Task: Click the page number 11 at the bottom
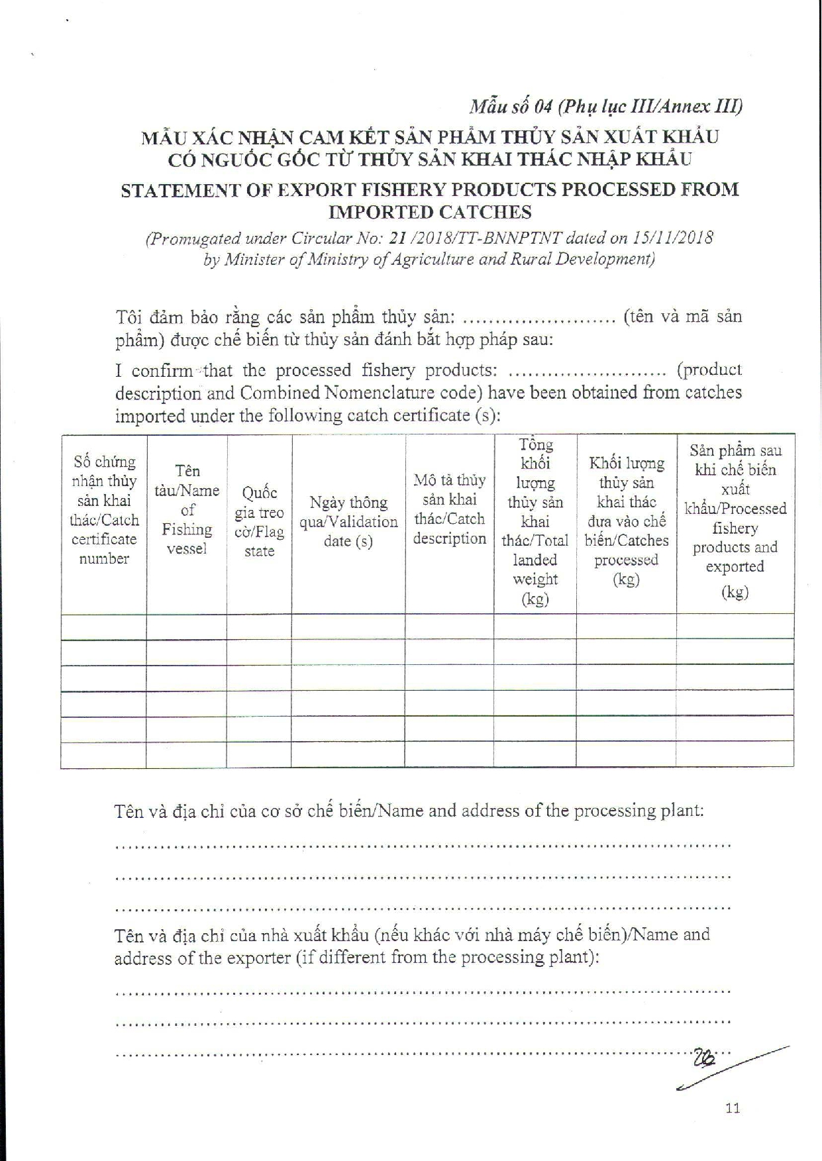pos(733,1107)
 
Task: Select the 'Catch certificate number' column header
pos(104,510)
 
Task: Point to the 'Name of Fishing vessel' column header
pos(187,510)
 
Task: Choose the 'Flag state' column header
pos(259,522)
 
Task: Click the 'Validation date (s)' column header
pos(348,522)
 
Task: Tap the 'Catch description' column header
pos(450,509)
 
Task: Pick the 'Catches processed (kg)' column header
pos(627,522)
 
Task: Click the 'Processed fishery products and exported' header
pos(735,521)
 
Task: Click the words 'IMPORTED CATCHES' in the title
pos(430,213)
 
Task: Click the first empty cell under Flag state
pos(259,627)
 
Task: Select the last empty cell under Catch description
pos(450,754)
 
